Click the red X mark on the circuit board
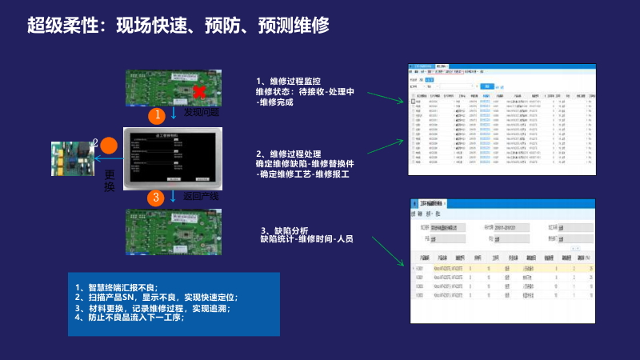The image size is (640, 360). (199, 92)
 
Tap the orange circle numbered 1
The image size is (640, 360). (158, 115)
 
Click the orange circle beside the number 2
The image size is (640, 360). (109, 146)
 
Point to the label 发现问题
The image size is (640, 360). (202, 114)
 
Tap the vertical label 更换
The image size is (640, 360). (110, 181)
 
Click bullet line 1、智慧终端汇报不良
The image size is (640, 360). (117, 287)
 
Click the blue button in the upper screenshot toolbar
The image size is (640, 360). (430, 80)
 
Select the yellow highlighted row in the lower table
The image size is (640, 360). (504, 268)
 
